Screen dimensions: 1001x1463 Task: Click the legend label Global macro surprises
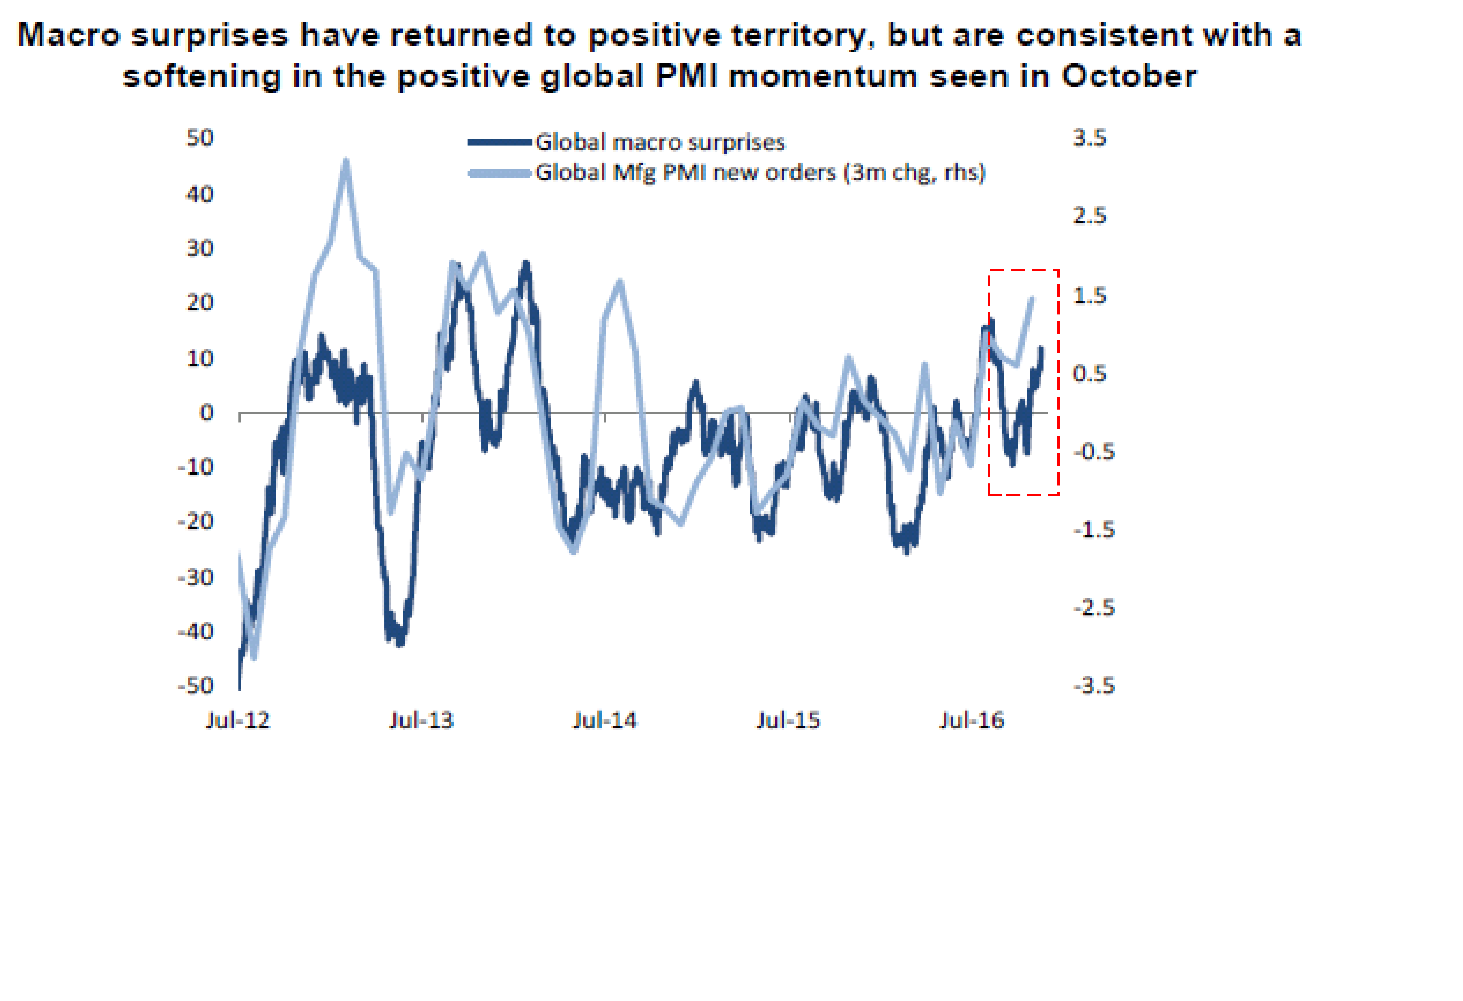[x=660, y=142]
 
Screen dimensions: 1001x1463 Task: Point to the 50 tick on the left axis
[x=200, y=138]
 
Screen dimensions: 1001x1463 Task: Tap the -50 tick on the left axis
[x=196, y=685]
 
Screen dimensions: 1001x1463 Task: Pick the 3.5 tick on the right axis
[x=1089, y=138]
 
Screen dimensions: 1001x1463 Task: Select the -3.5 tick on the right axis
[x=1093, y=685]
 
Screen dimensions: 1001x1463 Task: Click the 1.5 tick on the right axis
[x=1089, y=296]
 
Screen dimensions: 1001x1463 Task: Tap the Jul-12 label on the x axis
[x=238, y=720]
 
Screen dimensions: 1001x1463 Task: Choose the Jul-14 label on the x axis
[x=604, y=720]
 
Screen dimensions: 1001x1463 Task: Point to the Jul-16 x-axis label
[x=971, y=720]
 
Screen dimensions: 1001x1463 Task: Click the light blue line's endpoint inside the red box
[x=1032, y=298]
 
